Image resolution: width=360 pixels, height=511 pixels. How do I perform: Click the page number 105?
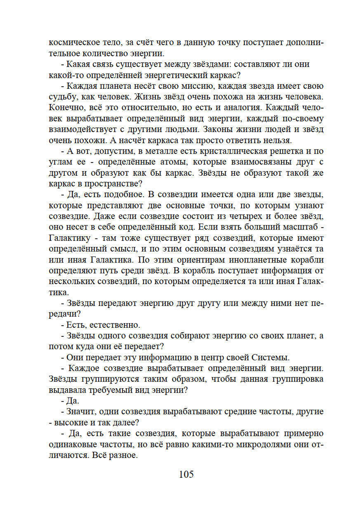186,474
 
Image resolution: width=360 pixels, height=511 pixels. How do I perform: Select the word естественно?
114,325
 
